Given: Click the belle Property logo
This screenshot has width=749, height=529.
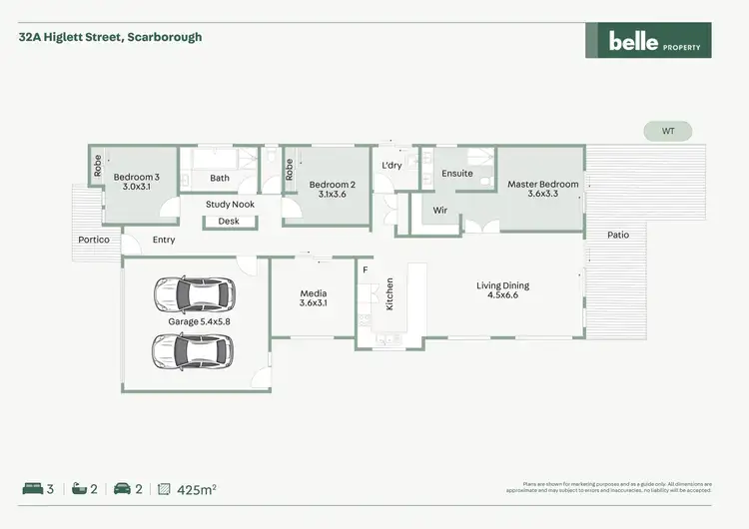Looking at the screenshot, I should coord(648,41).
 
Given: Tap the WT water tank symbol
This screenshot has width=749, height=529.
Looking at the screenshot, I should coord(668,131).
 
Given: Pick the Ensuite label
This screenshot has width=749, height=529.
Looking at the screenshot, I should coord(457,173).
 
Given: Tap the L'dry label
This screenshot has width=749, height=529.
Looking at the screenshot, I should coord(391,165).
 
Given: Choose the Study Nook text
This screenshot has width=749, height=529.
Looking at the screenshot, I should coord(231,205).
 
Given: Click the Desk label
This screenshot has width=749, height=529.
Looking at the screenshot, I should coord(229,222).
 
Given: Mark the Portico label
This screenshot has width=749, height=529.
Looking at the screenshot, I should coord(93,241).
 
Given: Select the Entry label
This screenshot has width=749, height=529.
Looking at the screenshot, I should coord(164,241).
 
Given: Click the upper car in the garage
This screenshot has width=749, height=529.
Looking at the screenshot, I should coord(194,293).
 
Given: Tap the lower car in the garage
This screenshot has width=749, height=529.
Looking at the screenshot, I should coord(194,350).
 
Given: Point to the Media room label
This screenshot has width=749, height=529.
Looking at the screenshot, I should coord(314,297).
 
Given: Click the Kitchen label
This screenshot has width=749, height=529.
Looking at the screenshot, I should coord(390,294).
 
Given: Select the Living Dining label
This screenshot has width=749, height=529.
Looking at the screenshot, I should coord(507,290).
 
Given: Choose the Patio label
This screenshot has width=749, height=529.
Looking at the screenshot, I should coord(618,236).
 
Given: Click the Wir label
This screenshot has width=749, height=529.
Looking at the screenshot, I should coord(439,211).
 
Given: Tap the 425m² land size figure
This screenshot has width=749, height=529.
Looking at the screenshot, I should coord(197,489).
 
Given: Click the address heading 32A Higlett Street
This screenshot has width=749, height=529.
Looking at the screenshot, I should coord(110,37).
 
